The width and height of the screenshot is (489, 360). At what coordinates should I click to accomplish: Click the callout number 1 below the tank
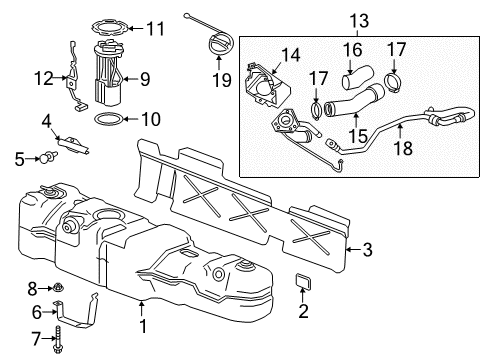click(x=142, y=326)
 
